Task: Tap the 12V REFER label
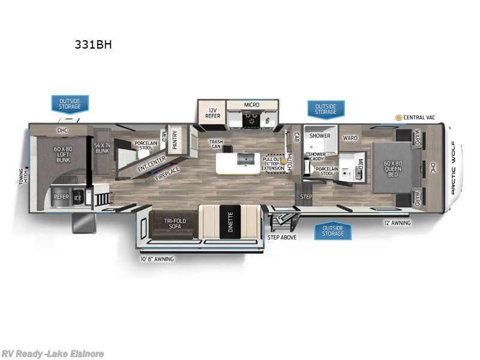coord(212,113)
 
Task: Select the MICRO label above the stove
coord(251,105)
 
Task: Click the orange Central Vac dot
coord(398,118)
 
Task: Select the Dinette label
coord(229,222)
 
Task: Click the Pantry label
coord(175,139)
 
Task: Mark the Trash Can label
coord(216,145)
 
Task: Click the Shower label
coord(320,136)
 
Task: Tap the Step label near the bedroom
coord(306,196)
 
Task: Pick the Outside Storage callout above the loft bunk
coord(70,104)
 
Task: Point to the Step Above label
coord(281,236)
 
